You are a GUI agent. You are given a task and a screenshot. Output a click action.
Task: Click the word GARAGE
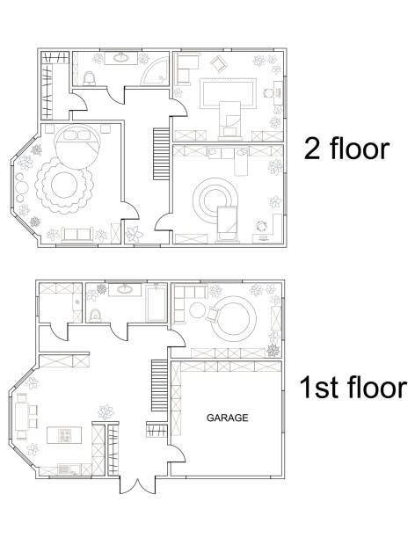coord(227,418)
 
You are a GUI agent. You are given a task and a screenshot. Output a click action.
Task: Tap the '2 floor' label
coord(346,149)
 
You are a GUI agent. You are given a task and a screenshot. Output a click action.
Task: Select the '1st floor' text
coord(353,387)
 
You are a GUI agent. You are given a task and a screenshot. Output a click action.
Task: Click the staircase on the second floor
coord(161,154)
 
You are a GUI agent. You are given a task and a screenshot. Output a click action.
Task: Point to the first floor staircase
coord(159,385)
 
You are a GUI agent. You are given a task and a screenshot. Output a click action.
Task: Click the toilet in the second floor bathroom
coord(90,78)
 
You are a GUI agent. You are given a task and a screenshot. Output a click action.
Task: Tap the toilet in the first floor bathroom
coord(95,316)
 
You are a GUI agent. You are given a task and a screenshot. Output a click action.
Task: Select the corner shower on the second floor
coord(155,71)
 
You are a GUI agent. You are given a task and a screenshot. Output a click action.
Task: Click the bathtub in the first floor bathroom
coord(157,303)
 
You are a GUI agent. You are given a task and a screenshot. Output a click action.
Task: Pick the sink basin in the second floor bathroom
coord(120,58)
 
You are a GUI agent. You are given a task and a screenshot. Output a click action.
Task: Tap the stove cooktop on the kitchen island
coord(64,435)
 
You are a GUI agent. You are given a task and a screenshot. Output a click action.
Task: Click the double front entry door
coord(137,485)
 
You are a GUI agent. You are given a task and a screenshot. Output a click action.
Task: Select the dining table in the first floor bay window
coord(22,416)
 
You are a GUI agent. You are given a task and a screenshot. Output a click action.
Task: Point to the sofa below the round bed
coord(76,235)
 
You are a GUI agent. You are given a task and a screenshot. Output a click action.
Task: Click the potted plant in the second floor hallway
coord(135,235)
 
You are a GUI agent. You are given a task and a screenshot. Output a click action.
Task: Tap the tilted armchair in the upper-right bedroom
coord(218,64)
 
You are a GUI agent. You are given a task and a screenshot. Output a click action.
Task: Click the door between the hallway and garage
coord(177,453)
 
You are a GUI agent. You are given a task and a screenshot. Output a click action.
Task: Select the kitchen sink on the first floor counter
coord(64,469)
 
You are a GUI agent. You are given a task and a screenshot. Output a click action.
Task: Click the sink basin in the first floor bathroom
coord(124,289)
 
